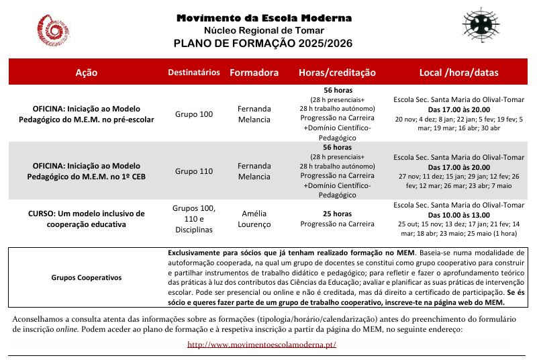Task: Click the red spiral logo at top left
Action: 54,32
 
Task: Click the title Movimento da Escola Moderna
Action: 264,18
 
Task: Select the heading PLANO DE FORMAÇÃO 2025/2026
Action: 263,44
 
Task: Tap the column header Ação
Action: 87,72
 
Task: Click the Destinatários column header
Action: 193,72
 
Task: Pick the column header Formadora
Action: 254,72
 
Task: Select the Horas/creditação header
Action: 337,72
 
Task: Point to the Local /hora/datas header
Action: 459,72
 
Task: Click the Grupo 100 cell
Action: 193,114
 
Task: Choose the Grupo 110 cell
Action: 193,171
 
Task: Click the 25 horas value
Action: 337,214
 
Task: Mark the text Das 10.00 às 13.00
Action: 458,215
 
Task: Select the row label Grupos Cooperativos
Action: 87,277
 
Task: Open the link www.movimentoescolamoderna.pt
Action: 262,345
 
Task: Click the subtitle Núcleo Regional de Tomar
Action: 264,31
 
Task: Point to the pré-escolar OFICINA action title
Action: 93,114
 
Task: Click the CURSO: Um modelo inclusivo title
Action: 87,219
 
